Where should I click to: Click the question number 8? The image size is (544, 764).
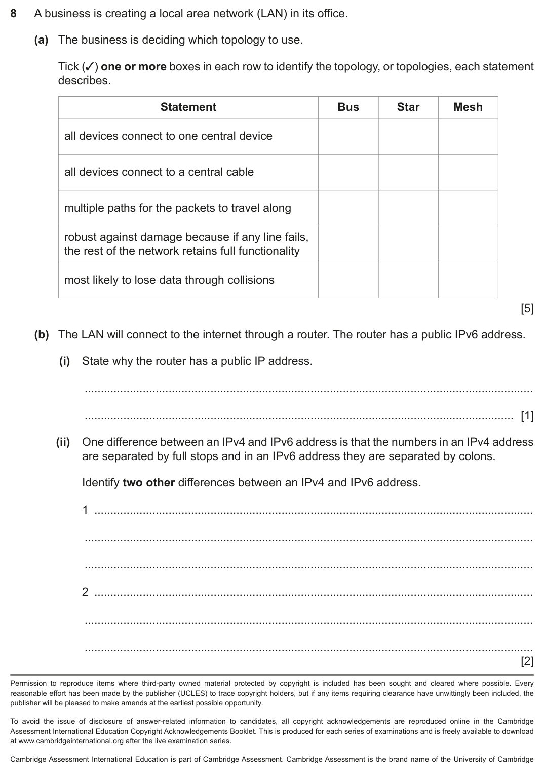pyautogui.click(x=14, y=14)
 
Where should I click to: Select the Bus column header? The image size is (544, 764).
pyautogui.click(x=348, y=107)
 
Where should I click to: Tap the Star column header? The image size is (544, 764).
pyautogui.click(x=408, y=107)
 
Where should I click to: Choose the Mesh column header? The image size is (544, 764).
pyautogui.click(x=468, y=107)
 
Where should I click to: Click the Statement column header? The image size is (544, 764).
pyautogui.click(x=188, y=107)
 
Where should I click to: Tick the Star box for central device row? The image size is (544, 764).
pyautogui.click(x=408, y=136)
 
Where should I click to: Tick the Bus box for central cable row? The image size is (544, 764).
pyautogui.click(x=348, y=172)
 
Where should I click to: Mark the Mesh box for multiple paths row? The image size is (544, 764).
pyautogui.click(x=468, y=208)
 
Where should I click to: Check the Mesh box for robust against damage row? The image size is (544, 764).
pyautogui.click(x=468, y=244)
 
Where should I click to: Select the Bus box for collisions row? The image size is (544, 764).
pyautogui.click(x=348, y=280)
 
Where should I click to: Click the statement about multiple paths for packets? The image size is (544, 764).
pyautogui.click(x=177, y=208)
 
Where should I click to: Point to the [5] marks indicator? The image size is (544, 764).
pyautogui.click(x=527, y=308)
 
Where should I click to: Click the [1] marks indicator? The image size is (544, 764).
pyautogui.click(x=527, y=416)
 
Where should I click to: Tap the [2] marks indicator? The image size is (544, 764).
pyautogui.click(x=527, y=661)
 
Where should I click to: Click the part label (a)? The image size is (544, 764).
pyautogui.click(x=41, y=40)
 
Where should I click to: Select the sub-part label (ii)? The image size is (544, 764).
pyautogui.click(x=63, y=442)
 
